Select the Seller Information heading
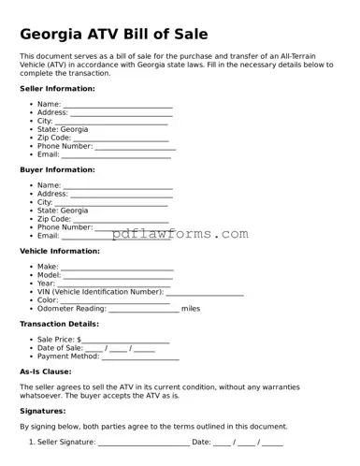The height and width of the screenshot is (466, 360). (57, 89)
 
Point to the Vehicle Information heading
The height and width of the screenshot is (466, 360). (60, 251)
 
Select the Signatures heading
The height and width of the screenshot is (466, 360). (43, 411)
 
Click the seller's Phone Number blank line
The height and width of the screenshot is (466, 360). (135, 148)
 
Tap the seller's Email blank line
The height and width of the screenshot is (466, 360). (116, 155)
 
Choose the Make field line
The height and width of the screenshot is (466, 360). (117, 269)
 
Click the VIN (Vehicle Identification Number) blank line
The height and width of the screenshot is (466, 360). (205, 293)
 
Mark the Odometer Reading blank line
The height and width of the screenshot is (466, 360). (144, 310)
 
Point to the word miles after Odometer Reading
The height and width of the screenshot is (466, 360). (191, 308)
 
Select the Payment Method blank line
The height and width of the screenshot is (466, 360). (140, 357)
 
